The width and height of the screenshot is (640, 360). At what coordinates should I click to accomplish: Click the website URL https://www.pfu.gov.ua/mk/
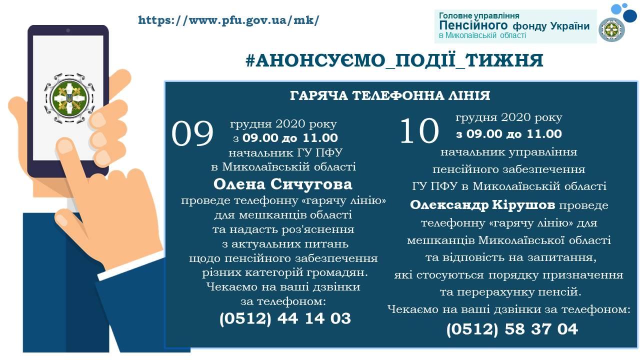coord(228,20)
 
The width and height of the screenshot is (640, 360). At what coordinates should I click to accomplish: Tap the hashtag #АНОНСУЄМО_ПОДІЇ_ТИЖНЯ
coord(394,60)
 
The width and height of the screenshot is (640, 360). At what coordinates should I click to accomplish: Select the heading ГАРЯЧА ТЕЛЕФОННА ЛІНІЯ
coord(390,95)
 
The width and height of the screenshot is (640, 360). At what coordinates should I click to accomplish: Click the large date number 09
coord(192,133)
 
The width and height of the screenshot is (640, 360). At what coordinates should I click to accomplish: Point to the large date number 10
coord(419,130)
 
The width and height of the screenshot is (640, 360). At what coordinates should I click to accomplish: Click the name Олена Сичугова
coord(282,184)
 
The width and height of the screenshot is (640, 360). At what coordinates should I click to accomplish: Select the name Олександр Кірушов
coord(482,205)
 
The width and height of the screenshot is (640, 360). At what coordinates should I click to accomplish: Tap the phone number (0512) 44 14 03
coord(285,318)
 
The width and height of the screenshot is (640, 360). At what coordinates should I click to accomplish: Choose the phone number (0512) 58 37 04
coord(512,329)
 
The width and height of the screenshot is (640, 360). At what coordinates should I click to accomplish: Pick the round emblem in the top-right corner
coord(611,29)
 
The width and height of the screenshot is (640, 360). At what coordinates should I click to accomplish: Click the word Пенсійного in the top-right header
coord(473,25)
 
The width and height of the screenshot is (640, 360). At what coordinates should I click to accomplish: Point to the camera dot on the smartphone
coord(68,30)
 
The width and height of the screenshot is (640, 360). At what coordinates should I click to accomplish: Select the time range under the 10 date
coord(509,134)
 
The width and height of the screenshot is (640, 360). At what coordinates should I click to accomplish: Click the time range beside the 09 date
coord(285,138)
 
